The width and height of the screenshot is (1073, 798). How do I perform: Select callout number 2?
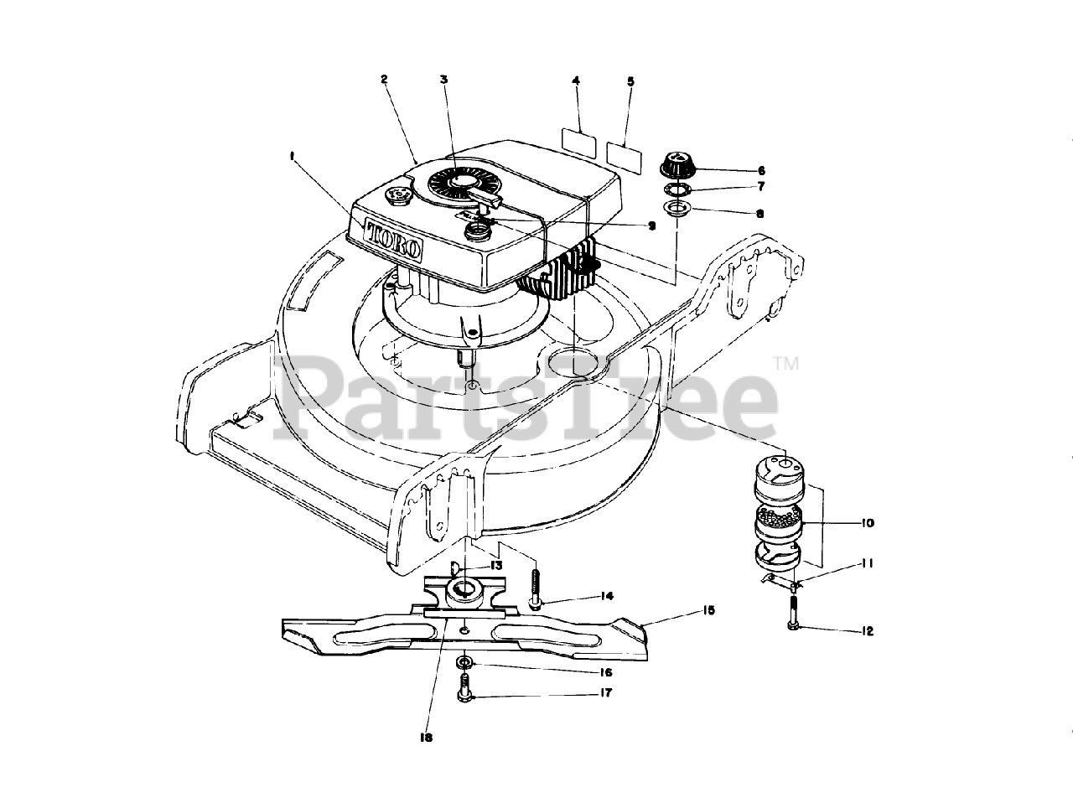383,80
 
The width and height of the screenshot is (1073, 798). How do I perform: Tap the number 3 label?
443,80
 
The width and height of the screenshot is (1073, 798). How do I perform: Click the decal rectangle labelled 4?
578,142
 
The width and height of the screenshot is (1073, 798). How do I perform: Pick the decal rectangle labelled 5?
625,154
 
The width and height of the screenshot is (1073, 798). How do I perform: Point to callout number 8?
760,214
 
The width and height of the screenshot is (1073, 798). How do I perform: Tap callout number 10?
867,523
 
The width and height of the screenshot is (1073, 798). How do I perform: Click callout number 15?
709,611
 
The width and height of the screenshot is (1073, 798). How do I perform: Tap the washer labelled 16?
463,663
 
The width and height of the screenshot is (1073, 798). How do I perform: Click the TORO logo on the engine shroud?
394,238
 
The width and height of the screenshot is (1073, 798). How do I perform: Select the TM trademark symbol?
785,364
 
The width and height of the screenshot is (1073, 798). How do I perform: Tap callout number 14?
607,596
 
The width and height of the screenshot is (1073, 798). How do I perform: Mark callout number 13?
497,566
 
